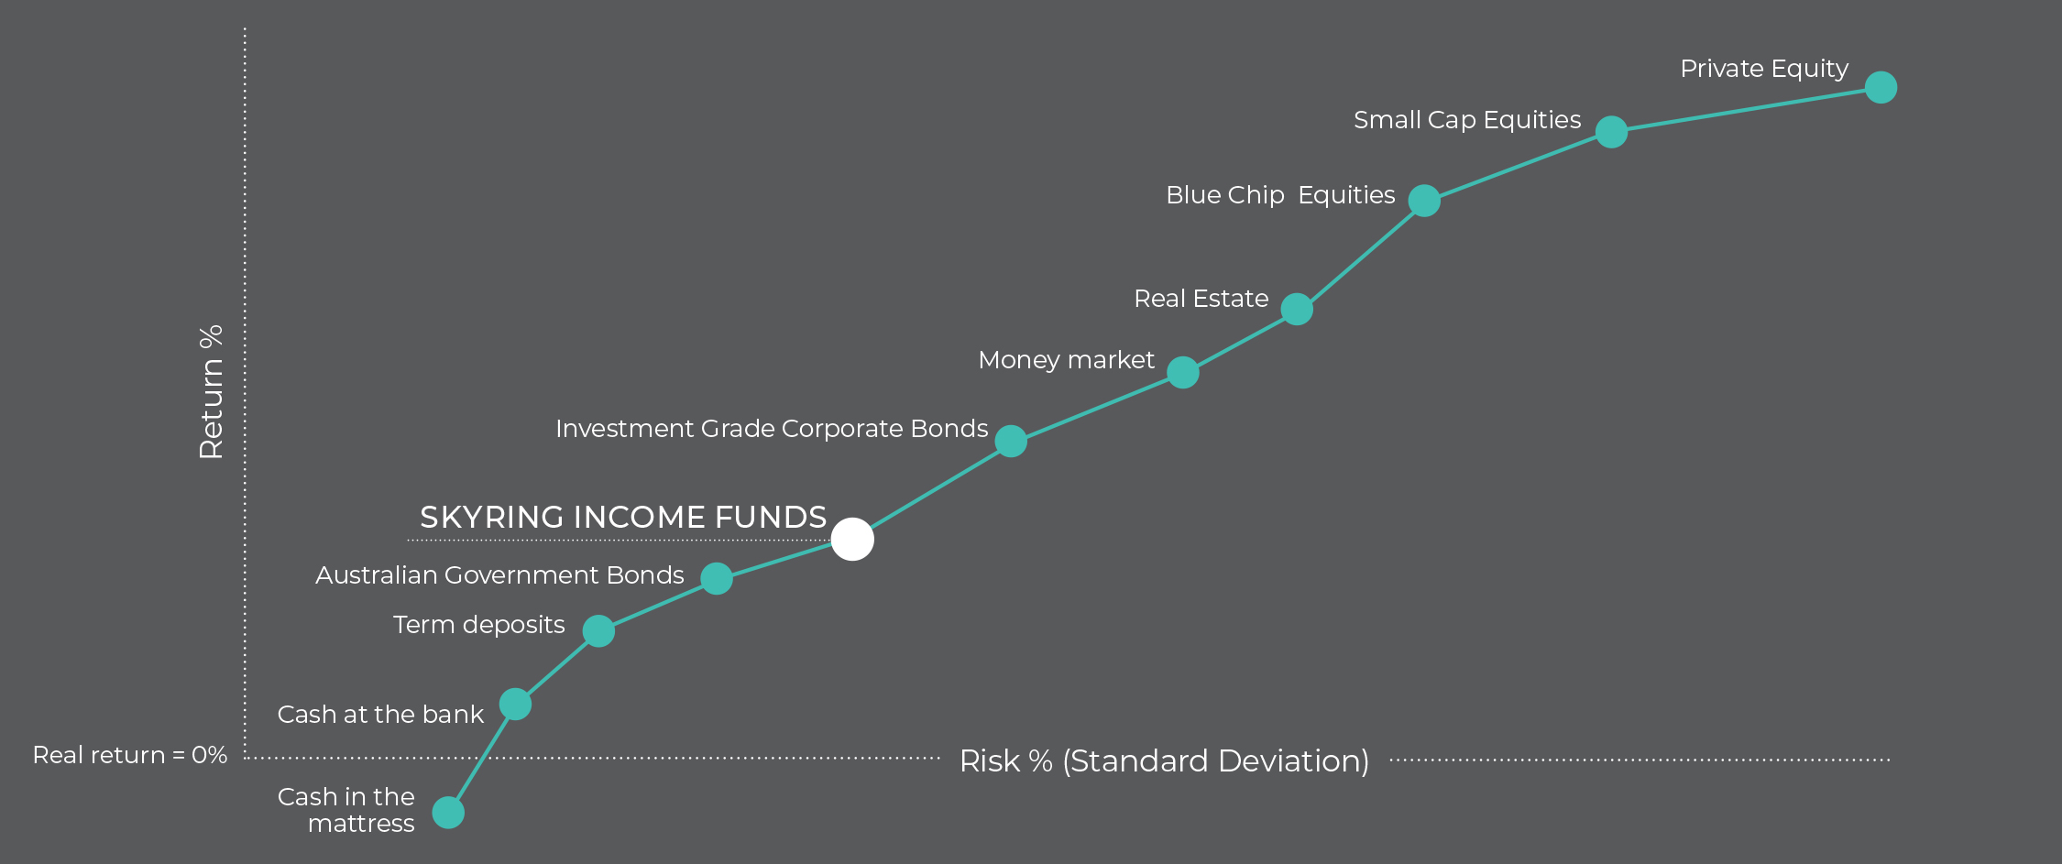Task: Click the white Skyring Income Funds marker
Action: coord(852,539)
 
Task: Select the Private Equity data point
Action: coord(1881,87)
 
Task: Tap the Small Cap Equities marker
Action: coord(1611,132)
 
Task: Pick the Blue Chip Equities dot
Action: coord(1424,200)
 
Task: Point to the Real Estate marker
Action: coord(1297,309)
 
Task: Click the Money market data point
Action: coord(1183,372)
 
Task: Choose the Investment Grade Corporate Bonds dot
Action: coord(1011,441)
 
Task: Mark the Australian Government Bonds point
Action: coord(717,578)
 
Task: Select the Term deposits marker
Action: coord(598,630)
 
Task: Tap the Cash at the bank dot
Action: coord(515,704)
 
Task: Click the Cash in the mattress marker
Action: coord(448,812)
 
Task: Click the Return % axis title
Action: coord(212,391)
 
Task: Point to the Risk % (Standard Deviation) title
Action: coord(1164,760)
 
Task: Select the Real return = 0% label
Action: coord(130,755)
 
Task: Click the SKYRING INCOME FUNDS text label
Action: coord(623,517)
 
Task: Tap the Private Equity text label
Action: coord(1764,70)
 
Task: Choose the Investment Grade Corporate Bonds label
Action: coord(772,429)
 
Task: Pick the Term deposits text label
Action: coord(479,625)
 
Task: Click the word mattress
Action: coord(361,824)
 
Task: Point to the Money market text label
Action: coord(1067,360)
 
